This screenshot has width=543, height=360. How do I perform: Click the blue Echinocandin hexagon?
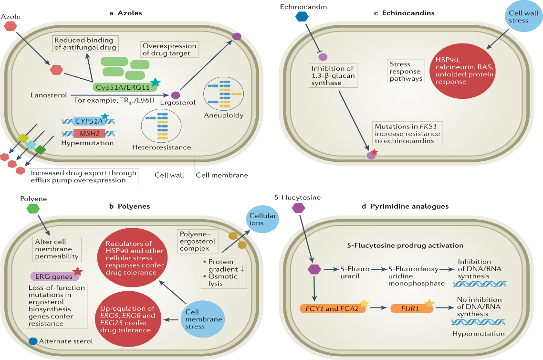click(302, 17)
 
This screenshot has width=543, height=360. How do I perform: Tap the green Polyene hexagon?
click(33, 209)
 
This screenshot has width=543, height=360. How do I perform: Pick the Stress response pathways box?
click(406, 71)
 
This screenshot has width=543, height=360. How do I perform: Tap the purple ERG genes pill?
click(51, 275)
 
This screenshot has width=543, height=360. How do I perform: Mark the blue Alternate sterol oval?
click(33, 341)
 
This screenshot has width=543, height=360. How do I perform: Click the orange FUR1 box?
click(411, 308)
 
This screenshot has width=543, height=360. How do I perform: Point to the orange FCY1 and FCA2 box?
click(332, 308)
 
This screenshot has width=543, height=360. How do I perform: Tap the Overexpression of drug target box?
click(169, 50)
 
